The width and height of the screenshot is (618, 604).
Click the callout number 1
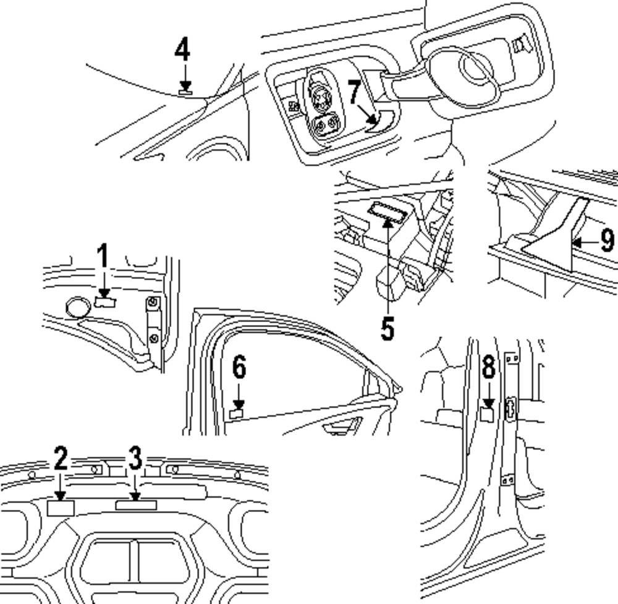pyautogui.click(x=103, y=258)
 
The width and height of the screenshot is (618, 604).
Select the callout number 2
pyautogui.click(x=60, y=459)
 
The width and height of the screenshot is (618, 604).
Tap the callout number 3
pyautogui.click(x=135, y=459)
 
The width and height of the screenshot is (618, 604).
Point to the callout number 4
pyautogui.click(x=182, y=50)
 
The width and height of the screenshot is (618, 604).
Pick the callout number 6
pyautogui.click(x=239, y=368)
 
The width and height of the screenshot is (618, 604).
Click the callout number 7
pyautogui.click(x=353, y=93)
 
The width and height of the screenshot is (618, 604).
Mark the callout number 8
pyautogui.click(x=488, y=368)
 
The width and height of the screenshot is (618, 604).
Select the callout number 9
pyautogui.click(x=607, y=240)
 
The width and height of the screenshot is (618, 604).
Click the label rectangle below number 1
pyautogui.click(x=106, y=301)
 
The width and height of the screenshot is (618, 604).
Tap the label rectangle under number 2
pyautogui.click(x=61, y=508)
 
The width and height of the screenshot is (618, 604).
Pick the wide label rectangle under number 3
pyautogui.click(x=136, y=505)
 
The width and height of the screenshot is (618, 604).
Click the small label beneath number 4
pyautogui.click(x=185, y=92)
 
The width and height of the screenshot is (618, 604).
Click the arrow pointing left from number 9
pyautogui.click(x=584, y=242)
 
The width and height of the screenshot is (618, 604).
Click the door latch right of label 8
pyautogui.click(x=511, y=408)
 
